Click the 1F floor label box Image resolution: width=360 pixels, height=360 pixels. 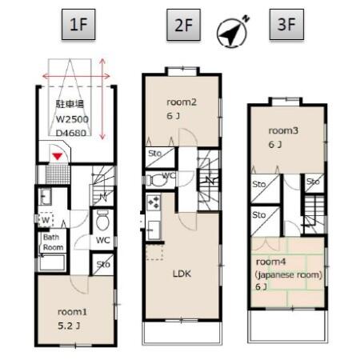[x=78, y=26]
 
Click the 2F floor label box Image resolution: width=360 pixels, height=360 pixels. [x=184, y=26]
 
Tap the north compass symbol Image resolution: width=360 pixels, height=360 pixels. [x=233, y=30]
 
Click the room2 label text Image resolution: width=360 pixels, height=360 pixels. [x=182, y=101]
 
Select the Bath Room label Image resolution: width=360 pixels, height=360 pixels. [x=54, y=242]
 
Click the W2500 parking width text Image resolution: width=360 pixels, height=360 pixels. [x=73, y=119]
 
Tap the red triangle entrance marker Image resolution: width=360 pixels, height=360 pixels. [x=58, y=154]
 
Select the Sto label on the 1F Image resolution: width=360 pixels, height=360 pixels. [x=102, y=264]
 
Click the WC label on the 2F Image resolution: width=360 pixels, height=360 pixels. [x=167, y=175]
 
